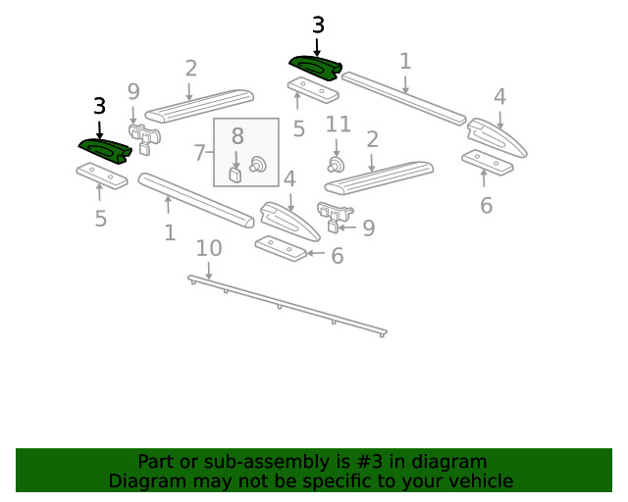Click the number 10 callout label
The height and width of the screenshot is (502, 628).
click(x=208, y=248)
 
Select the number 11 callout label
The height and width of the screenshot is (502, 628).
click(x=338, y=125)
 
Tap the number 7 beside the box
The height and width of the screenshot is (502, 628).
click(x=199, y=153)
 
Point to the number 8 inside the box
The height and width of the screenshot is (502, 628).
click(x=236, y=136)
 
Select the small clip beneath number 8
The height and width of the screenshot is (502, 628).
click(x=235, y=175)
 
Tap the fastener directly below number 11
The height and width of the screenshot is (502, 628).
click(x=335, y=164)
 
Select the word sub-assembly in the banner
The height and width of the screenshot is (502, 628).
click(x=228, y=462)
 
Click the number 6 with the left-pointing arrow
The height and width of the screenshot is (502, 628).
click(x=337, y=256)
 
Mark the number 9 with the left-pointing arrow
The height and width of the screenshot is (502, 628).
click(x=368, y=228)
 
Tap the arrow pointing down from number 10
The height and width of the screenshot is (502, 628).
click(x=208, y=270)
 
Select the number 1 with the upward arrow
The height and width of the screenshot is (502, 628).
click(x=170, y=232)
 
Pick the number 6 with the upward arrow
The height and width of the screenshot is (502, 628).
click(x=486, y=205)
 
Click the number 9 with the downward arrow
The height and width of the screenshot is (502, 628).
click(x=133, y=92)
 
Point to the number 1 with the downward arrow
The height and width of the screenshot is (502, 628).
click(x=405, y=62)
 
